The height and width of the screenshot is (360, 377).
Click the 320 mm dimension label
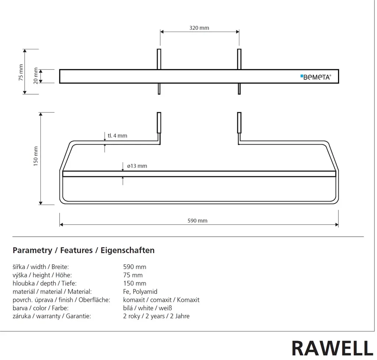[199, 28]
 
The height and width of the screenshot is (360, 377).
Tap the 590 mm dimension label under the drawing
[197, 220]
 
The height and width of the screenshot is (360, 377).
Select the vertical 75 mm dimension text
[21, 72]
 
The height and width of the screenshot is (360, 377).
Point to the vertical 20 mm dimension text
[36, 76]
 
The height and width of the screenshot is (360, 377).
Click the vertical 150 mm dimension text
[36, 156]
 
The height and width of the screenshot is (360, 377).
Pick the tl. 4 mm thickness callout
[117, 135]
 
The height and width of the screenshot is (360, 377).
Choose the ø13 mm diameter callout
[137, 166]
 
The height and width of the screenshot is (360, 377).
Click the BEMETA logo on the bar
[316, 77]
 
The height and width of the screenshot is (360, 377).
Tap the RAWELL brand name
[332, 348]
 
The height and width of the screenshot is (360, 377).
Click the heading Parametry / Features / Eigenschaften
[84, 250]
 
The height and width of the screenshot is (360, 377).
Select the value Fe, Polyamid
[140, 292]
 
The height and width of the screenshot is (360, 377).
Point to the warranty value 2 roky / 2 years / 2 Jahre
[156, 316]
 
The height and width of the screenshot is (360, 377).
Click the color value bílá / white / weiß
[148, 308]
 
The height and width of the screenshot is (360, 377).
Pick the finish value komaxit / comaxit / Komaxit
[161, 300]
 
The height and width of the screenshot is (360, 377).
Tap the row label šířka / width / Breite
[40, 267]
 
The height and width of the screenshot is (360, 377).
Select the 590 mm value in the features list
[135, 267]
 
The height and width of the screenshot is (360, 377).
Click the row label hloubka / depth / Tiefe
[45, 283]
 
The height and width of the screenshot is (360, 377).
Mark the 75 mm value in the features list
[133, 275]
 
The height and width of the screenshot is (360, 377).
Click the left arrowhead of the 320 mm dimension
[162, 32]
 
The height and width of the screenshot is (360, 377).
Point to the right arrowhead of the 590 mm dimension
[337, 225]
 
